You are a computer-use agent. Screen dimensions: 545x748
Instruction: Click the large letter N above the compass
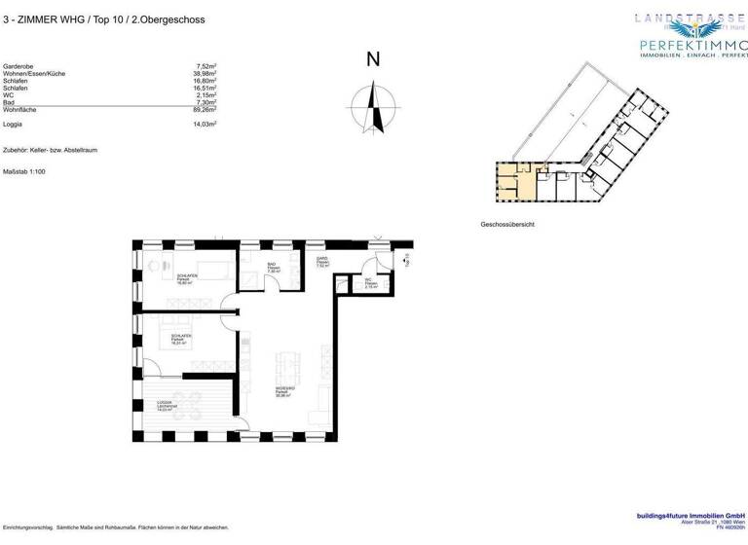372,59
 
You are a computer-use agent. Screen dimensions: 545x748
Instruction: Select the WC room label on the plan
370,284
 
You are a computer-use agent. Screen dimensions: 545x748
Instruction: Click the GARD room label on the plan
322,260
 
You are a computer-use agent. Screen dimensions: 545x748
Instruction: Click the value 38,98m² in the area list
203,73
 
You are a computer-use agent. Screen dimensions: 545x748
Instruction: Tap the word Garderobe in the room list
20,65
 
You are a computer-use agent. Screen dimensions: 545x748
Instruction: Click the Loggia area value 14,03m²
203,125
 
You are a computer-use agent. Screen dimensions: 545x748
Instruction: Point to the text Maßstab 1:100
25,171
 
